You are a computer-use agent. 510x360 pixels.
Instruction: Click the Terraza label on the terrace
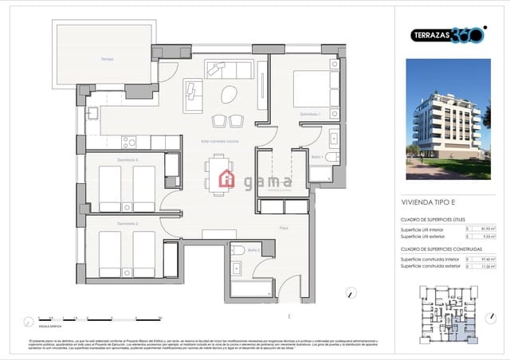107,60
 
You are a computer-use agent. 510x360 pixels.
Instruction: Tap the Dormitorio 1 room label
310,114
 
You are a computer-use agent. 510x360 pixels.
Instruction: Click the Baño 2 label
254,251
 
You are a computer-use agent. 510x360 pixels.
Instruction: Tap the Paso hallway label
283,228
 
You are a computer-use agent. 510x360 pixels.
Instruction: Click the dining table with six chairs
221,175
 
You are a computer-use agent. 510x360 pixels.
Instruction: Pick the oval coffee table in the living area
229,94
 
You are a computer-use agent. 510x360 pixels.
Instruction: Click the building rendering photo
448,119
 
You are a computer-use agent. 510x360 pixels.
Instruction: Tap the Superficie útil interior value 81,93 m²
490,229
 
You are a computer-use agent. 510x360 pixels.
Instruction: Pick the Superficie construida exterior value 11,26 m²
490,267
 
